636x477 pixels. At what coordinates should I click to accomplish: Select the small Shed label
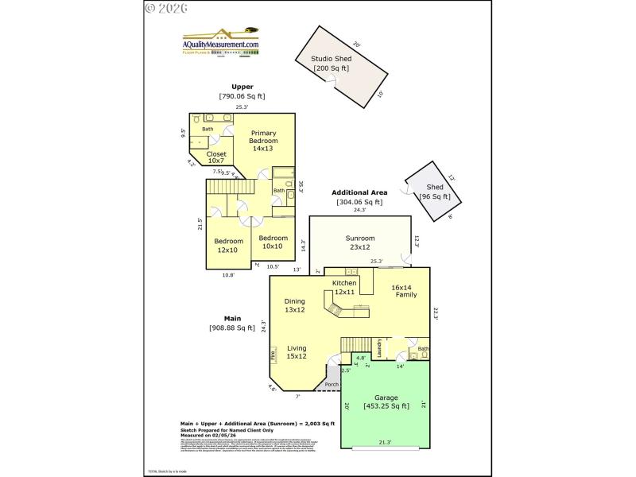[435, 187]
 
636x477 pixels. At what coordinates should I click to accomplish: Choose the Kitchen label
[344, 283]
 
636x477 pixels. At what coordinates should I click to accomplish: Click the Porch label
[332, 385]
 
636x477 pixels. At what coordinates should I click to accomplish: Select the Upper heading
[242, 87]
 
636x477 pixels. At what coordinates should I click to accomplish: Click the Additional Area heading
[359, 192]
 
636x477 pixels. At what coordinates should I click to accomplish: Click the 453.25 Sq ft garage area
[386, 406]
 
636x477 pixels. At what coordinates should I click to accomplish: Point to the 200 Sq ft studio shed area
[332, 68]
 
